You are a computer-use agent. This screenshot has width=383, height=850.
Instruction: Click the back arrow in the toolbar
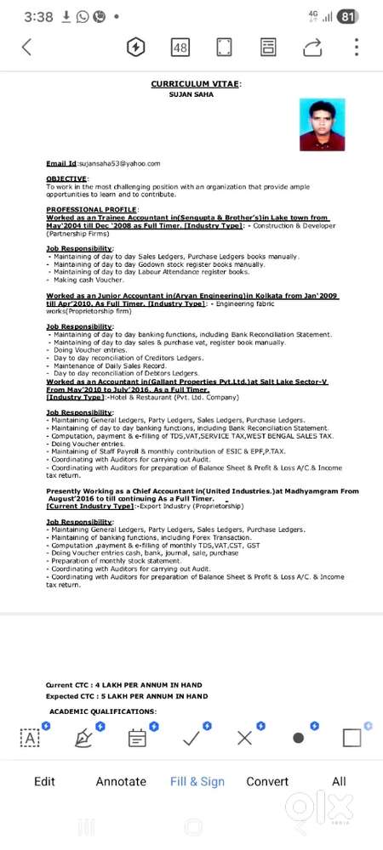click(26, 47)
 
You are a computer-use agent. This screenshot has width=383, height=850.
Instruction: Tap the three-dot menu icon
click(357, 47)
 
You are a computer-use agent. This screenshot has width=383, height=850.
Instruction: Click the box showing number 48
click(180, 48)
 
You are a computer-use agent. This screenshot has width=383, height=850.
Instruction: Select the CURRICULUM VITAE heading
click(196, 84)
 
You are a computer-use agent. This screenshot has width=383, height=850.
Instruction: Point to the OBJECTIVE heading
click(67, 178)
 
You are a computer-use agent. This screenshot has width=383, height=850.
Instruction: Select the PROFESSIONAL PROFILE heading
click(93, 209)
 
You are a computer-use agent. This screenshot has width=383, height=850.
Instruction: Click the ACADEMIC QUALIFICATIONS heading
click(103, 710)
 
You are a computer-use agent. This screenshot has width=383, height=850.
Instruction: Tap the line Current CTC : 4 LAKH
click(126, 684)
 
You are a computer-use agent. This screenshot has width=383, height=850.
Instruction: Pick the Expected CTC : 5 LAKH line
click(126, 696)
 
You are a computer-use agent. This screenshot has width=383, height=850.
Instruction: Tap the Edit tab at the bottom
click(44, 781)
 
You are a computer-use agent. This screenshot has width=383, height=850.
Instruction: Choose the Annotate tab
click(120, 781)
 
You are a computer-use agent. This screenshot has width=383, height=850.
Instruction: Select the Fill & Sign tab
click(197, 781)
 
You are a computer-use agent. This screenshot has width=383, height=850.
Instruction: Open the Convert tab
click(267, 781)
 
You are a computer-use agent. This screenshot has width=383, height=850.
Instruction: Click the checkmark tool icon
click(191, 738)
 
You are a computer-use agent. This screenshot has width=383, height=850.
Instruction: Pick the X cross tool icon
click(245, 738)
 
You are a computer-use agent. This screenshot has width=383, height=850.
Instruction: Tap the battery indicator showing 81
click(346, 16)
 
